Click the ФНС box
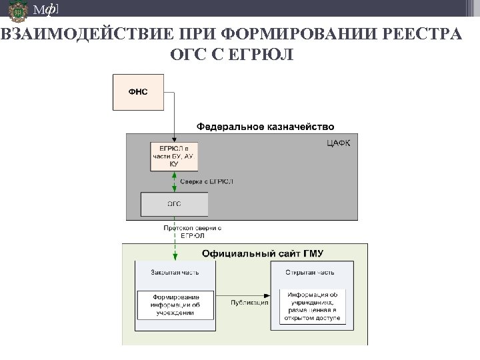point(139,91)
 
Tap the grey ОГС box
point(174,205)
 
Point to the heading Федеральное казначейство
point(265,126)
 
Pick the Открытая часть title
point(310,272)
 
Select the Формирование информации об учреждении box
point(175,305)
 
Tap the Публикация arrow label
point(248,302)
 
